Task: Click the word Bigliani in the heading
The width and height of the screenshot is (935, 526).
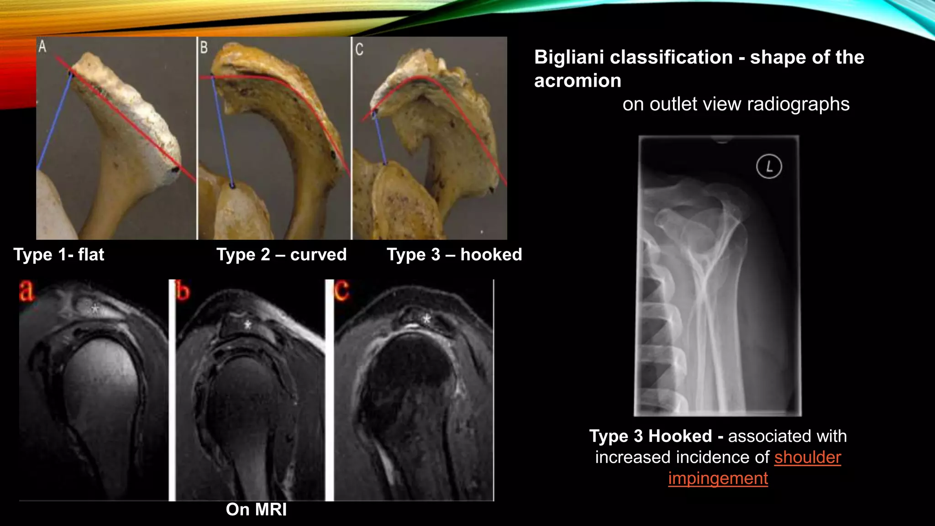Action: pyautogui.click(x=565, y=58)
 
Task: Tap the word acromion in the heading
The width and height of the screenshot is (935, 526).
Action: pyautogui.click(x=578, y=81)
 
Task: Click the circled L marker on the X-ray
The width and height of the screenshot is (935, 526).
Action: pyautogui.click(x=769, y=167)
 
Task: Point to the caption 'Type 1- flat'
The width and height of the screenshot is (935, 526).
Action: pyautogui.click(x=59, y=254)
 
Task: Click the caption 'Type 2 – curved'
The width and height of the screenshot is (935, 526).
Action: pyautogui.click(x=281, y=254)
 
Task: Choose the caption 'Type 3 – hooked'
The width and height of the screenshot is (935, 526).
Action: pyautogui.click(x=454, y=254)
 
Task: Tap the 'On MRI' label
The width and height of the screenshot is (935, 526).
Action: pyautogui.click(x=256, y=509)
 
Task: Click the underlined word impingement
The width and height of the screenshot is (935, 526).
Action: pyautogui.click(x=718, y=478)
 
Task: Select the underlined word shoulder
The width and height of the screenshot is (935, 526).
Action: pyautogui.click(x=807, y=457)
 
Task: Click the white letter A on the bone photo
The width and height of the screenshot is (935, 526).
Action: pyautogui.click(x=42, y=47)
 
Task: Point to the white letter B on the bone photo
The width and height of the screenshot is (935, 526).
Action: pyautogui.click(x=204, y=47)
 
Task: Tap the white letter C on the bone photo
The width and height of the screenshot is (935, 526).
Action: pyautogui.click(x=359, y=49)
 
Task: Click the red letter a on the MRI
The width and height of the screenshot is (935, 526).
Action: pyautogui.click(x=26, y=291)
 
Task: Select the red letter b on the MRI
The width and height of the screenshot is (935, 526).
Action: pyautogui.click(x=183, y=291)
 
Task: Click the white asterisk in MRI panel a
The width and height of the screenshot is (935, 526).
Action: pyautogui.click(x=95, y=309)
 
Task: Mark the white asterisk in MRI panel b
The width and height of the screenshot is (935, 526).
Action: pyautogui.click(x=247, y=325)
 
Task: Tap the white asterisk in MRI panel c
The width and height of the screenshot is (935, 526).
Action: pyautogui.click(x=427, y=319)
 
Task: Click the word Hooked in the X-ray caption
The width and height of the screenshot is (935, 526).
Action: pyautogui.click(x=680, y=436)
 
